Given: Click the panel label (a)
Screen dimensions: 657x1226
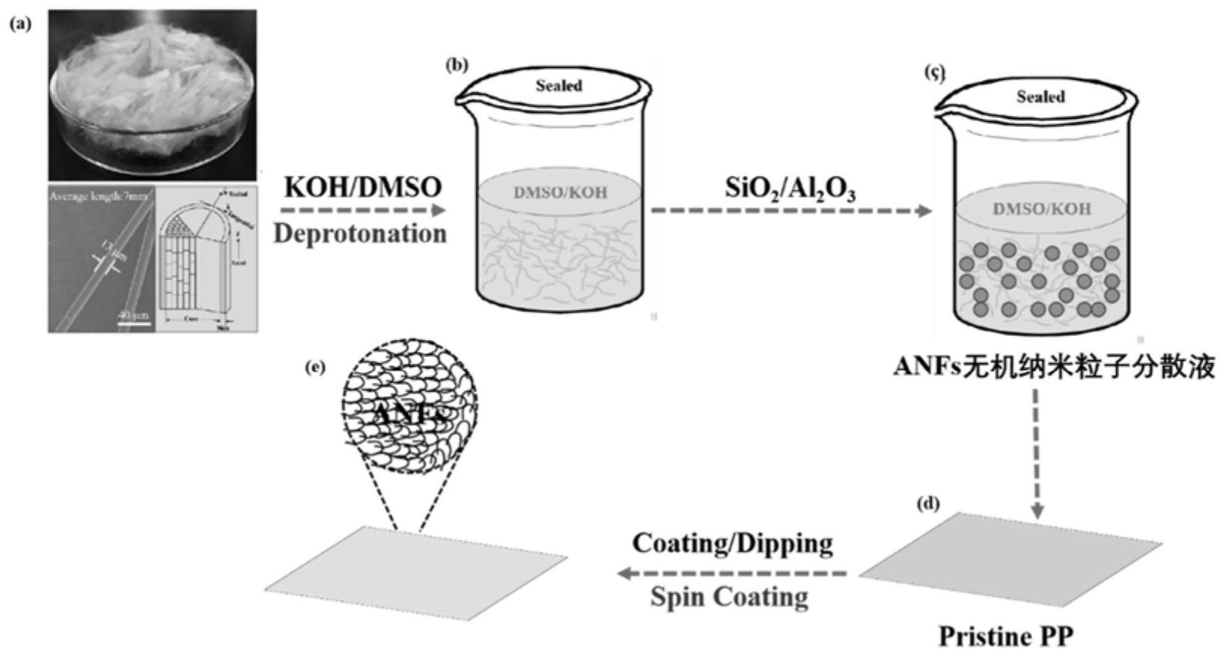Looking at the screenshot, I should (20, 24).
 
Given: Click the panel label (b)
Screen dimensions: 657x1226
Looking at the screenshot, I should (457, 65).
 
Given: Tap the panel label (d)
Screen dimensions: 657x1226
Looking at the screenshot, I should (928, 504).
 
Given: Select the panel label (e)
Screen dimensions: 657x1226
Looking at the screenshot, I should (315, 368).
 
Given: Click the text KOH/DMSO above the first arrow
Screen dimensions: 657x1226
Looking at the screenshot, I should (363, 187).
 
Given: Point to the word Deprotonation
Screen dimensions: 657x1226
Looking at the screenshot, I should (360, 234).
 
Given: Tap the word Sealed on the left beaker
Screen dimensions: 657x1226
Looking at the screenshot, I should (559, 86).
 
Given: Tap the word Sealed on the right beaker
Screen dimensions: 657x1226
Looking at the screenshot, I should (1040, 97).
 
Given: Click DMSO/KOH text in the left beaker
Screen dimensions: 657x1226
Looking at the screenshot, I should (560, 192).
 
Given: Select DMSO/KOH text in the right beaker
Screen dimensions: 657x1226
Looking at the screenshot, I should (1041, 209).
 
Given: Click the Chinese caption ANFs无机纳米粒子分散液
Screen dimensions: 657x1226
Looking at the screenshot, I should (1054, 368).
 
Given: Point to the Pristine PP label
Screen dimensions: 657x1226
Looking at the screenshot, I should (1006, 636).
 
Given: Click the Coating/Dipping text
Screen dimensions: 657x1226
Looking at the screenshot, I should (732, 543).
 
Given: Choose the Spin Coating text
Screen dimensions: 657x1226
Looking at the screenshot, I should (729, 597).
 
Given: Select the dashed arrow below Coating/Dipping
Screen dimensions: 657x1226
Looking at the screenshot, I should (733, 574).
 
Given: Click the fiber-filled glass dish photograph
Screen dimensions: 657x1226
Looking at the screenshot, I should (153, 95).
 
